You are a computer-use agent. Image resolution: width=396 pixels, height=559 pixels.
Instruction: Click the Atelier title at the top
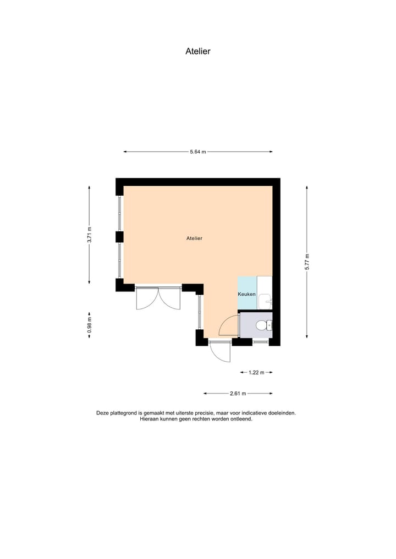198,52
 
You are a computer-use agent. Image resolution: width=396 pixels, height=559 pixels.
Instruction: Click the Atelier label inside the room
195,239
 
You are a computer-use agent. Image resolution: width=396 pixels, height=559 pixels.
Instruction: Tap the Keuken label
246,295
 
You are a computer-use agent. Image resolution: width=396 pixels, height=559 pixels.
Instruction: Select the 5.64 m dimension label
197,152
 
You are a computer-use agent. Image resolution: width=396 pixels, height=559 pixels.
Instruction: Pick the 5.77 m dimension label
307,261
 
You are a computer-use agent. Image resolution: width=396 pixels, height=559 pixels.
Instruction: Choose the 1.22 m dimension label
257,373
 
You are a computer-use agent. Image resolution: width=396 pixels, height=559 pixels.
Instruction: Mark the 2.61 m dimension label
238,394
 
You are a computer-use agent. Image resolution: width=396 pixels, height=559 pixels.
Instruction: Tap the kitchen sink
266,301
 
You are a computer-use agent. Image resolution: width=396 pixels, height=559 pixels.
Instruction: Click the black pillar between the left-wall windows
119,236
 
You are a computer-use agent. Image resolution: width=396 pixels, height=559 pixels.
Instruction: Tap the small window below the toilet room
260,342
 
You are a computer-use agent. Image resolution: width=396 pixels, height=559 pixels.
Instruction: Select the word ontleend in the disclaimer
239,419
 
